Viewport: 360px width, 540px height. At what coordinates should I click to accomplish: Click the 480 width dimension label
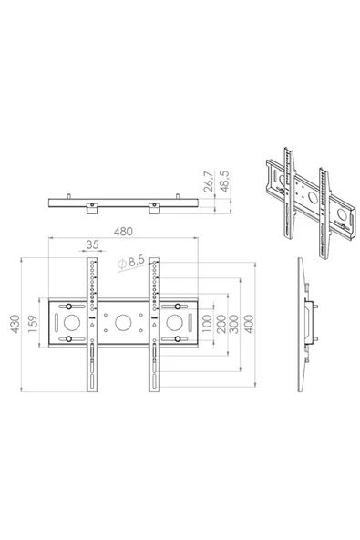click(123, 232)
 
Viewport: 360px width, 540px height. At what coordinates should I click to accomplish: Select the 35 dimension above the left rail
click(92, 244)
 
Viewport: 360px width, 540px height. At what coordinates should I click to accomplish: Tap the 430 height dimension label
click(15, 324)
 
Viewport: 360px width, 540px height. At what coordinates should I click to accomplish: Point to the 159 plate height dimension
click(33, 324)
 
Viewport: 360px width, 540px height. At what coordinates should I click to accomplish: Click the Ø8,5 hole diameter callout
click(130, 262)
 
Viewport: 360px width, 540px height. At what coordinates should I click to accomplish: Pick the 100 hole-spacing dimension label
click(207, 324)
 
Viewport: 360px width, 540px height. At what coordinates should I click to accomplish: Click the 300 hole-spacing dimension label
click(233, 324)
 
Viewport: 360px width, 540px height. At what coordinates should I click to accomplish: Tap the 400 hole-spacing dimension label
click(249, 324)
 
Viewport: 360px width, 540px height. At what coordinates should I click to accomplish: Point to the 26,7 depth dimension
click(209, 182)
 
